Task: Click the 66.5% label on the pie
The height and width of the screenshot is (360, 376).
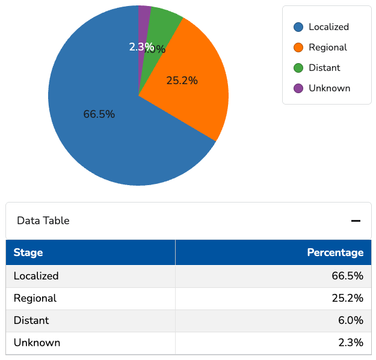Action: pos(99,114)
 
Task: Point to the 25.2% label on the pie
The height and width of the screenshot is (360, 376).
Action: pos(182,81)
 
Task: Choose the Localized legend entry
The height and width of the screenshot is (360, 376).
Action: pos(328,27)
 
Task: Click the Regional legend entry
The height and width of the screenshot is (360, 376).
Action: pos(327,47)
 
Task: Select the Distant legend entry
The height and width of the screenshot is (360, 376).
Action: pos(324,68)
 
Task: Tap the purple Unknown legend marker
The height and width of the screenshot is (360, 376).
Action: pos(298,88)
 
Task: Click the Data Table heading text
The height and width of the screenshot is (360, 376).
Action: pos(43,221)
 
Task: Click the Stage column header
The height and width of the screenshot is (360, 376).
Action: pos(28,252)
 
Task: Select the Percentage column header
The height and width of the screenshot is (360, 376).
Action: pos(335,252)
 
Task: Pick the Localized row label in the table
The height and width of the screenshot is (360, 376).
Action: pos(36,276)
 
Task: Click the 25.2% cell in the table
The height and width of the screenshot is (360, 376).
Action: pos(350,298)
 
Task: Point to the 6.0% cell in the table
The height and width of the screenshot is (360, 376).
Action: pos(353,320)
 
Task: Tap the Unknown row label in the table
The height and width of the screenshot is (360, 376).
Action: pos(37,343)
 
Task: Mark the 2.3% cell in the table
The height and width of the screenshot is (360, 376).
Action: pos(351,343)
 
